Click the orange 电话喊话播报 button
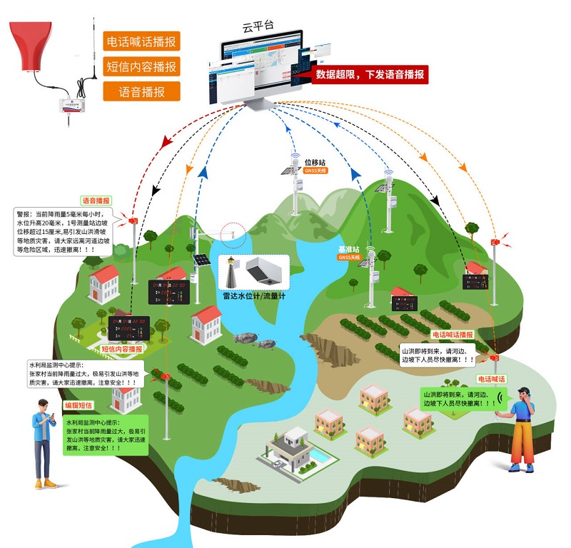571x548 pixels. tap(141, 41)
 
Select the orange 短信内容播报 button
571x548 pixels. tap(141, 66)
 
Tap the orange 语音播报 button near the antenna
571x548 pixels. tap(141, 91)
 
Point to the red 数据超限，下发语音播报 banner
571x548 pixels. tap(371, 75)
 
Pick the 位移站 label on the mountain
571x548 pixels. tap(315, 163)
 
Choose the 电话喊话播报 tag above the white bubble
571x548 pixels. tap(453, 334)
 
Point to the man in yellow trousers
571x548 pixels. tap(522, 429)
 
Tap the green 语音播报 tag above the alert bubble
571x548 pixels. tap(96, 201)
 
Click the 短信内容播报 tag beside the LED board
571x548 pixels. tap(121, 349)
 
